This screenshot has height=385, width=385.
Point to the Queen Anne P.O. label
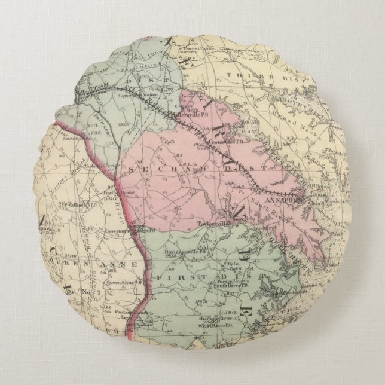click(x=122, y=282)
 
